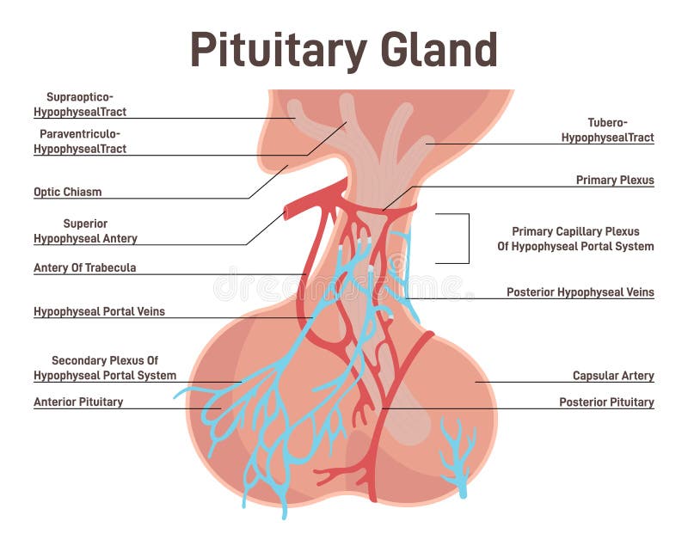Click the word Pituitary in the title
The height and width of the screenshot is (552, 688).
pos(279,51)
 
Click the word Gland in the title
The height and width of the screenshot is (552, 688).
pos(439,49)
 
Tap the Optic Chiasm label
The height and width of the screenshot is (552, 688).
pos(68,192)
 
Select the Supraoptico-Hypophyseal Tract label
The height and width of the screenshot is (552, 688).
pos(80,104)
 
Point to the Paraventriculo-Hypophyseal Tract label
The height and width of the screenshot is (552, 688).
pos(80,141)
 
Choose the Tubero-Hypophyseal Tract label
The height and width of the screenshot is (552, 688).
pos(608,130)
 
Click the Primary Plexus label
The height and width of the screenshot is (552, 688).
pos(615,180)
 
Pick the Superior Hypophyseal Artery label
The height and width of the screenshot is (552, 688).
pos(85,230)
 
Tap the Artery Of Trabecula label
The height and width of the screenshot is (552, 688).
pos(84,267)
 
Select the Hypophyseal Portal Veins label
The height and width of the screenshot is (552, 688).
pos(99,311)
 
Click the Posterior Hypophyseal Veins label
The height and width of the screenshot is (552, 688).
pos(580,292)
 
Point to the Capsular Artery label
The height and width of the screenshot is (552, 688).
pos(613,376)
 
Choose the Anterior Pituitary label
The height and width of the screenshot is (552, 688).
pos(78,402)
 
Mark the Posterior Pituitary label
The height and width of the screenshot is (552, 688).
pos(606,402)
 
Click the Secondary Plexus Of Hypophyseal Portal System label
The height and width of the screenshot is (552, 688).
pos(105,368)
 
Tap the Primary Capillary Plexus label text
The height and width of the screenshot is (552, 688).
pos(575,239)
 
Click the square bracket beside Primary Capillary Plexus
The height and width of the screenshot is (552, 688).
pos(469,239)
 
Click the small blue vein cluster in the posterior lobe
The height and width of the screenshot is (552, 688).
pos(458,457)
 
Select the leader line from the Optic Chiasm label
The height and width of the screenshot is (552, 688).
pos(268,181)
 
